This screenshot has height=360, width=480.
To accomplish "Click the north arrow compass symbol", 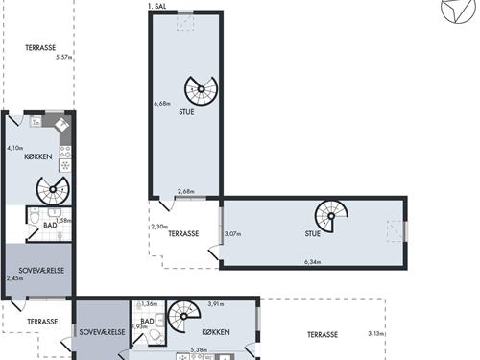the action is coord(458,10).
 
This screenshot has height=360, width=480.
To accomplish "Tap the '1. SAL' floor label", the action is coord(157,6).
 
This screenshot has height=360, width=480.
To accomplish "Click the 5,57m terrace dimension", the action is coord(63,58).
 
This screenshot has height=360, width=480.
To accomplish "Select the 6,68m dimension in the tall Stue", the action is coord(162,104).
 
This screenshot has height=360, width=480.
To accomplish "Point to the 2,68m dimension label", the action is coord(186,191).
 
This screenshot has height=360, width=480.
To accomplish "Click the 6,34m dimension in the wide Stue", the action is coord(313,262).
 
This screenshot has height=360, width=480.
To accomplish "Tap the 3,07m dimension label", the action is coord(232,234).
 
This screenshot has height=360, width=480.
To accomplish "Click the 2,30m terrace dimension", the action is coord(159,227).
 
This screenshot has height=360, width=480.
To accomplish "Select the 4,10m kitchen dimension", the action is coord(15,148).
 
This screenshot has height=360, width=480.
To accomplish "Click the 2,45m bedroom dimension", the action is coord(14,278).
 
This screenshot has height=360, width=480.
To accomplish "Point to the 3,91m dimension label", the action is coord(216,304).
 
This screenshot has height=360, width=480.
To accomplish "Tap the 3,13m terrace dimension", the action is coord(376,334).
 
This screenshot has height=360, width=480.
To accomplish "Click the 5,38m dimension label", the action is coord(199,350).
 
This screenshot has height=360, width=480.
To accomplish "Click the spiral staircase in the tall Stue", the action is coord(201,89).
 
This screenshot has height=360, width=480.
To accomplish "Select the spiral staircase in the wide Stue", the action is coord(331,216).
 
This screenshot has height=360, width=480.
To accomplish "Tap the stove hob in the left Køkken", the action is coord(65,152).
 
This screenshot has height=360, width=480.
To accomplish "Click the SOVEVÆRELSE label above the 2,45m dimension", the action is coord(41,271).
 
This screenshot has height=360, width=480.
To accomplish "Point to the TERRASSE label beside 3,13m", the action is coord(323,335).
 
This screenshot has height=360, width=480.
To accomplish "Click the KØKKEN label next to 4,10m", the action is coord(38,156).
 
